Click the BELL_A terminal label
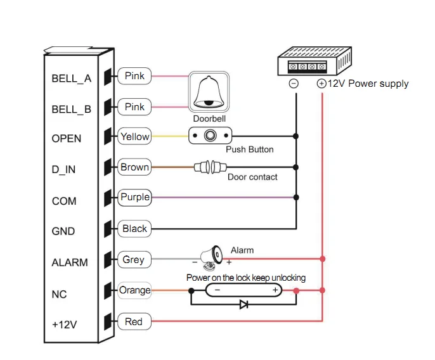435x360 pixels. click(71, 79)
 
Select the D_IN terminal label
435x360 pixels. click(63, 170)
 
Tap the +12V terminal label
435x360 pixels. click(64, 325)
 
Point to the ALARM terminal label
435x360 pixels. click(70, 262)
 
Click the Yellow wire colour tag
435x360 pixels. click(134, 136)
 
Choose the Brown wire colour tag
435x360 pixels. click(134, 167)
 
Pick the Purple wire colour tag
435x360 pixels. click(134, 197)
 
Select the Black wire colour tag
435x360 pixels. click(134, 229)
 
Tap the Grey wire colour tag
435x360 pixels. click(134, 259)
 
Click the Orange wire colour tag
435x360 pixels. click(134, 290)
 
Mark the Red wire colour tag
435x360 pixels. click(134, 321)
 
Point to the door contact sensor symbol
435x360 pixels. click(209, 167)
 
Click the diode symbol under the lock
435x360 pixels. click(243, 304)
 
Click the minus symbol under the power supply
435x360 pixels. click(294, 84)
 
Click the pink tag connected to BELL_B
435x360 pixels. click(134, 107)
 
